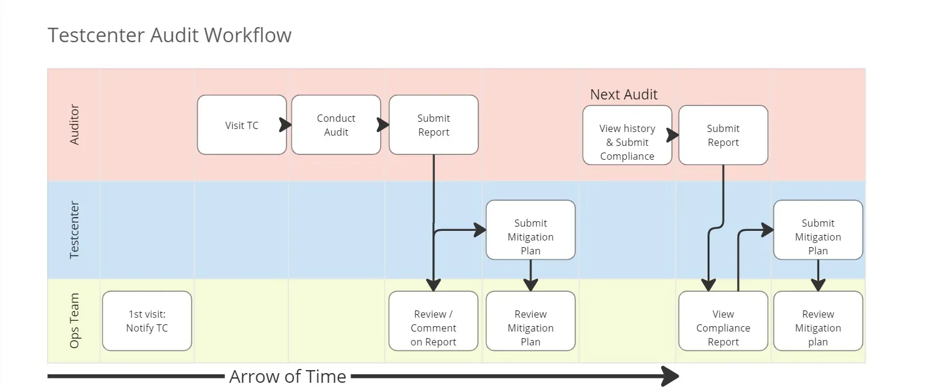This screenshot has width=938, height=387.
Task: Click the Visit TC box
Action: tap(241, 125)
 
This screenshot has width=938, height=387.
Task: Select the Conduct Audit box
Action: tap(336, 125)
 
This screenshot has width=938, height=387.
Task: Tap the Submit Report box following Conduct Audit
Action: tap(433, 125)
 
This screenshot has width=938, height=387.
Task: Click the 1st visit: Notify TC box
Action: tap(147, 321)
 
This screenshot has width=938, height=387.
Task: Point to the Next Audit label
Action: tap(623, 95)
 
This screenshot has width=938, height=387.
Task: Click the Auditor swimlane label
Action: tap(75, 125)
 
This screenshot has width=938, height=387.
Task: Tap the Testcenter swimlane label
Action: tap(75, 230)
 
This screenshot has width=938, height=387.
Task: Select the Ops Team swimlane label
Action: tap(75, 321)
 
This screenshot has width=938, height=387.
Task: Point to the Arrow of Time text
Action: tap(287, 377)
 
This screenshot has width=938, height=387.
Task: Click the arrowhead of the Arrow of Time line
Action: tap(670, 377)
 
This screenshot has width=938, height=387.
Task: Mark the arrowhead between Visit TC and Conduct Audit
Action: tap(286, 125)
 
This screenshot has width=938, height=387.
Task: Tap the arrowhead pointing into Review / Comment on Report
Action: tap(433, 285)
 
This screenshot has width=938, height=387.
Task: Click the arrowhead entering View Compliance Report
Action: tap(709, 285)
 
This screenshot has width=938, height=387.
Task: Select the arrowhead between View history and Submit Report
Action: tap(673, 135)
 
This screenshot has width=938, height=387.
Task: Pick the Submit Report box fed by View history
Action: tap(723, 135)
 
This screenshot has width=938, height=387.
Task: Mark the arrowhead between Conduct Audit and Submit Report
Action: tap(383, 125)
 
